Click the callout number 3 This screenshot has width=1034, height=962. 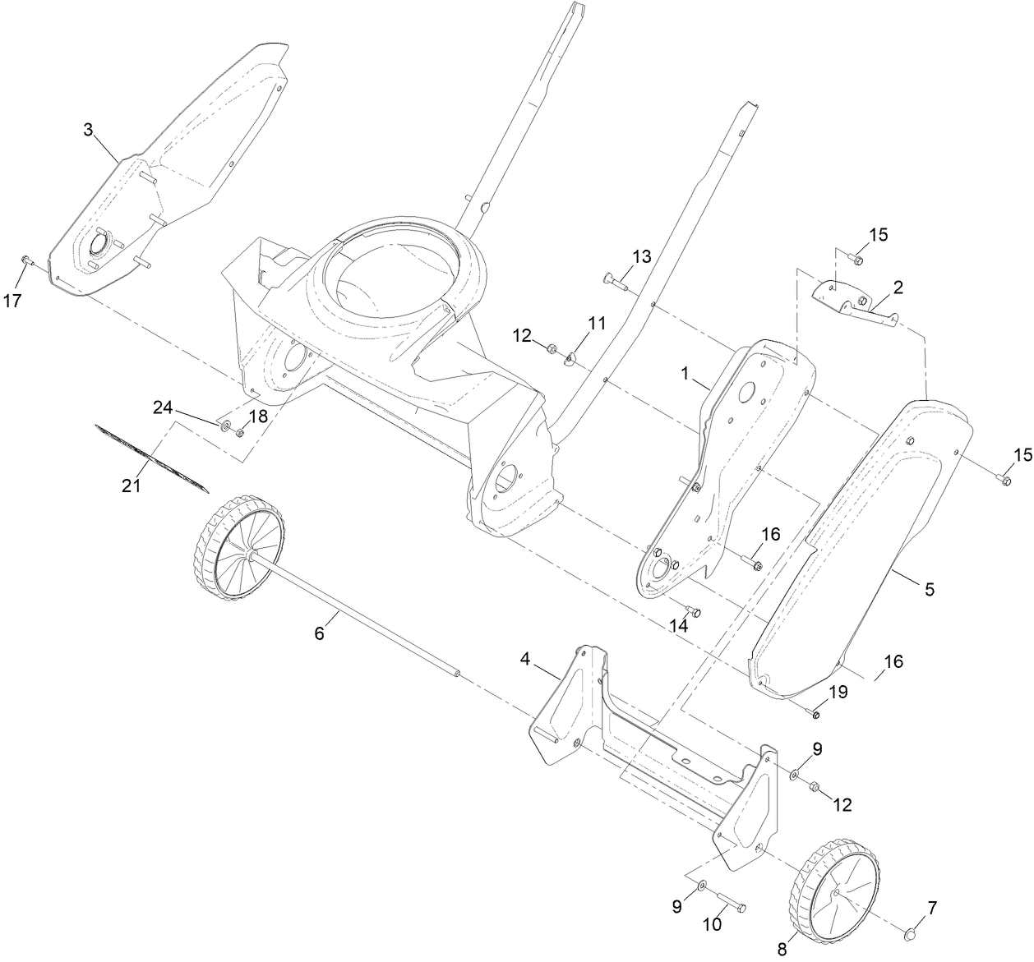tap(89, 129)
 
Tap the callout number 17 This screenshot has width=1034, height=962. tap(12, 301)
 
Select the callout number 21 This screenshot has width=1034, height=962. tap(132, 486)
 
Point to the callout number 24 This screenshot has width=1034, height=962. tap(163, 407)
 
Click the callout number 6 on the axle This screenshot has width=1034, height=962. tap(321, 633)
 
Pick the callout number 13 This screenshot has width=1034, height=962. tap(641, 257)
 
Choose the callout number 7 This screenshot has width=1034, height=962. tap(931, 908)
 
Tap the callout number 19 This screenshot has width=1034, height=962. tap(837, 693)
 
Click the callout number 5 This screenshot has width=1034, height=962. tap(930, 589)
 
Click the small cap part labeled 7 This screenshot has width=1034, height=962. tap(910, 934)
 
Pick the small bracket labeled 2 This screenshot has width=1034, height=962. tap(855, 304)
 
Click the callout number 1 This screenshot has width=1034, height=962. tap(684, 372)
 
